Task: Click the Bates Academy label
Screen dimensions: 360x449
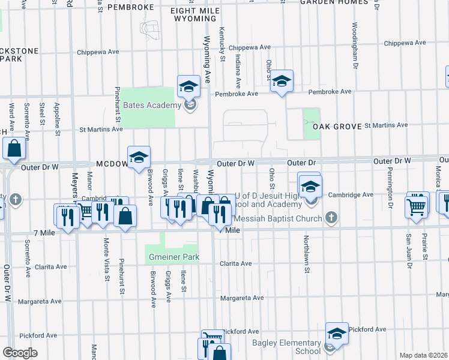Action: [151, 106]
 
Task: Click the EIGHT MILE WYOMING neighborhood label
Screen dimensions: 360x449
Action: [192, 15]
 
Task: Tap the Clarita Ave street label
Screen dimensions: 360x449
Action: [236, 263]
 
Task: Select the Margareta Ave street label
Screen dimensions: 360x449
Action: [241, 298]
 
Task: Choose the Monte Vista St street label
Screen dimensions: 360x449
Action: [106, 260]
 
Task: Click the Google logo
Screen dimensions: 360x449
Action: [20, 353]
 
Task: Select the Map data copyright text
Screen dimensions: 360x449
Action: [424, 355]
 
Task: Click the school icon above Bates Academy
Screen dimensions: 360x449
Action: [188, 86]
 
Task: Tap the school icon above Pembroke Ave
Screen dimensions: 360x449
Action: [281, 80]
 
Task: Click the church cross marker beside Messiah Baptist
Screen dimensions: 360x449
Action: [330, 218]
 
